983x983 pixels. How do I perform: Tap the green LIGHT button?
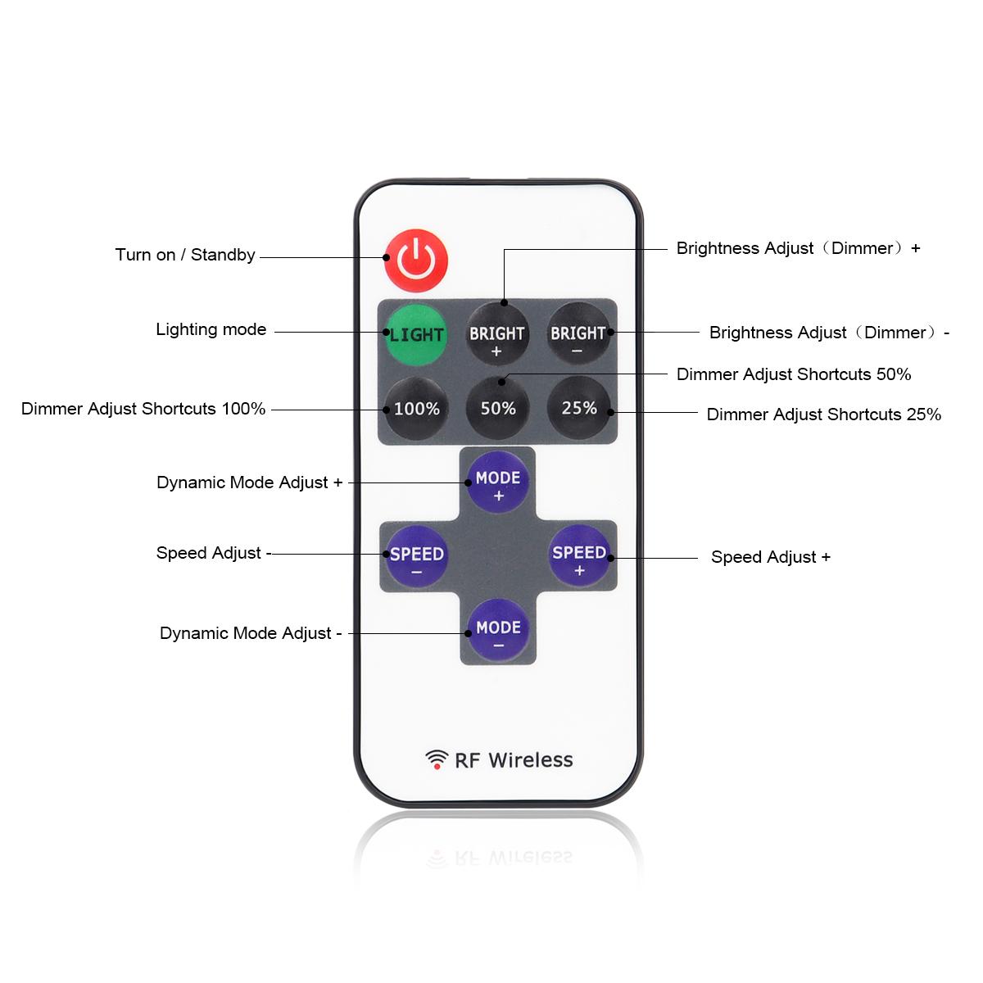pos(416,335)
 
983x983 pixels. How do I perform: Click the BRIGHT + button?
pos(497,334)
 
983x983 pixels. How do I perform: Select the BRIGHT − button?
pos(578,333)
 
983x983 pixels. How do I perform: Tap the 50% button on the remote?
pos(498,408)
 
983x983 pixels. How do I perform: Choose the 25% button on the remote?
pos(579,408)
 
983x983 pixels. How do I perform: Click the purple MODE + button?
pos(498,482)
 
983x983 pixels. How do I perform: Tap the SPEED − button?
pos(416,556)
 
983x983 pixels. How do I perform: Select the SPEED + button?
pos(579,555)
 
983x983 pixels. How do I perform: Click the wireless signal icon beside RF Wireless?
pos(437,759)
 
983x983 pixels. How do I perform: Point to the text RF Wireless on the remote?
pos(514,760)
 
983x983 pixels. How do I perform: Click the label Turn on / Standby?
pos(185,255)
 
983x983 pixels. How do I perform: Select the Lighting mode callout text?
pos(211,329)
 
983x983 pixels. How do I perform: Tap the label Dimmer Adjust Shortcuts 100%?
pos(143,409)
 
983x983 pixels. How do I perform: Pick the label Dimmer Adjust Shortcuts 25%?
pos(824,414)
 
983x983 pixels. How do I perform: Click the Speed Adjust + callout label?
pos(771,557)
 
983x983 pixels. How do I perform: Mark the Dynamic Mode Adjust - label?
pos(251,633)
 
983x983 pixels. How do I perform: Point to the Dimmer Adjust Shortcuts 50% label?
pos(794,374)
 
